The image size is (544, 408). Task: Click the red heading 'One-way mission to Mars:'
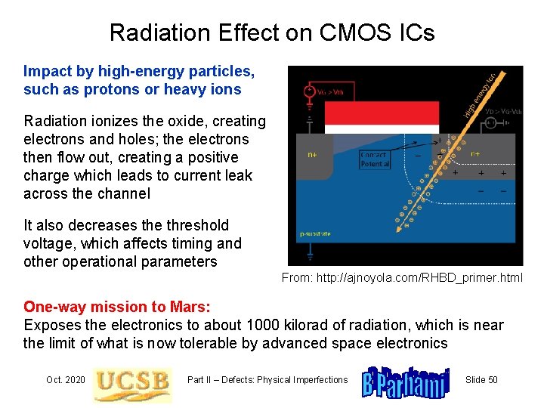117,307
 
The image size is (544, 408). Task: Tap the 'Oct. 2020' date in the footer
65,379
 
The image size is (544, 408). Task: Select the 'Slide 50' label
481,379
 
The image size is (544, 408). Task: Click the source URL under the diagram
402,278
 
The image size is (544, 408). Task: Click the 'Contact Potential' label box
375,159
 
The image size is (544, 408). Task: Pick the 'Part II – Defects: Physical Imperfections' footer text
267,379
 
